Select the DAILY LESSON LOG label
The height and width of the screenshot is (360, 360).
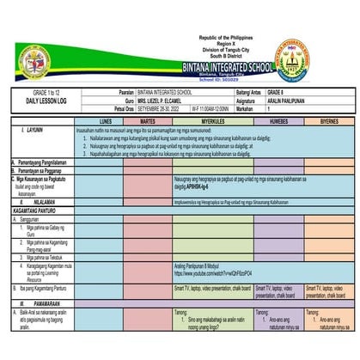pos(41,101)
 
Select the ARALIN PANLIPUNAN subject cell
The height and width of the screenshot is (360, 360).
pos(288,100)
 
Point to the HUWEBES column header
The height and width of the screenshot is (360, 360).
pos(273,121)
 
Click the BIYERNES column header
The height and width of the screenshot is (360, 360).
pos(327,121)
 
